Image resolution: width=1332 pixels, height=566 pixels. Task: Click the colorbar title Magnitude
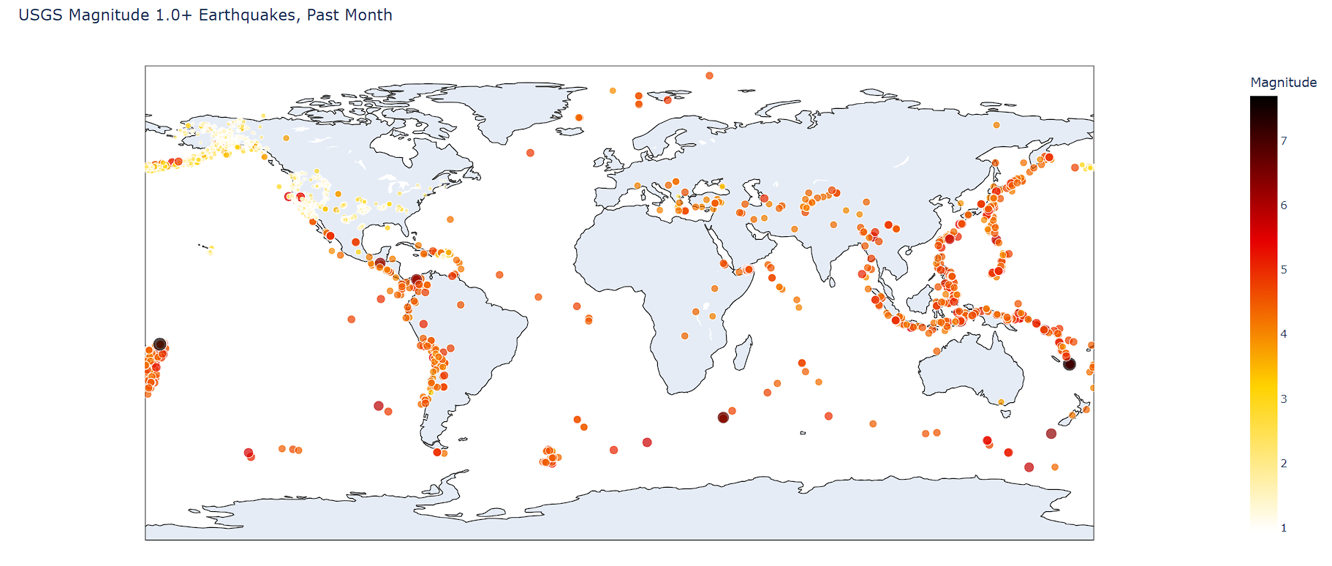coord(1283,83)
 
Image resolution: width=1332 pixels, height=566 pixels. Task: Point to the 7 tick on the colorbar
coord(1284,141)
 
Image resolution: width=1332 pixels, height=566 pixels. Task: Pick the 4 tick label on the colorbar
coord(1284,334)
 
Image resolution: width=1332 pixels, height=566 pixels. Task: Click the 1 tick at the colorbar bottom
coord(1284,528)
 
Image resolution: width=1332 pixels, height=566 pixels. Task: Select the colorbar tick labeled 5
coord(1284,270)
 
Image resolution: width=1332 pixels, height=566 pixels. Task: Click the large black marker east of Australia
coord(1069,364)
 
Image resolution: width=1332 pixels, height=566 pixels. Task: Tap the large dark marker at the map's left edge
coord(160,344)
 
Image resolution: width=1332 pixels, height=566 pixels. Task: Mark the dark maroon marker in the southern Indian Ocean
coord(723,418)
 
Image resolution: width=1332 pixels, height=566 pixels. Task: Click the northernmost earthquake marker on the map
coord(709,75)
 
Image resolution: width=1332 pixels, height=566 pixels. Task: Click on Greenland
coord(512,110)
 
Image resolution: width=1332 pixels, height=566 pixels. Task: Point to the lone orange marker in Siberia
coord(996,125)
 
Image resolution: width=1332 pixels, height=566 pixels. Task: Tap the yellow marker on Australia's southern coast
coord(1002,401)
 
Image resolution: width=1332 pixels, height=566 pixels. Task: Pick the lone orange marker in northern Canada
coord(287,138)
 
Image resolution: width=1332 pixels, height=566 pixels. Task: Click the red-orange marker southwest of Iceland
coord(530,153)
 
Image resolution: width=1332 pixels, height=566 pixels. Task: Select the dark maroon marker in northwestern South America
coord(417,279)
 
